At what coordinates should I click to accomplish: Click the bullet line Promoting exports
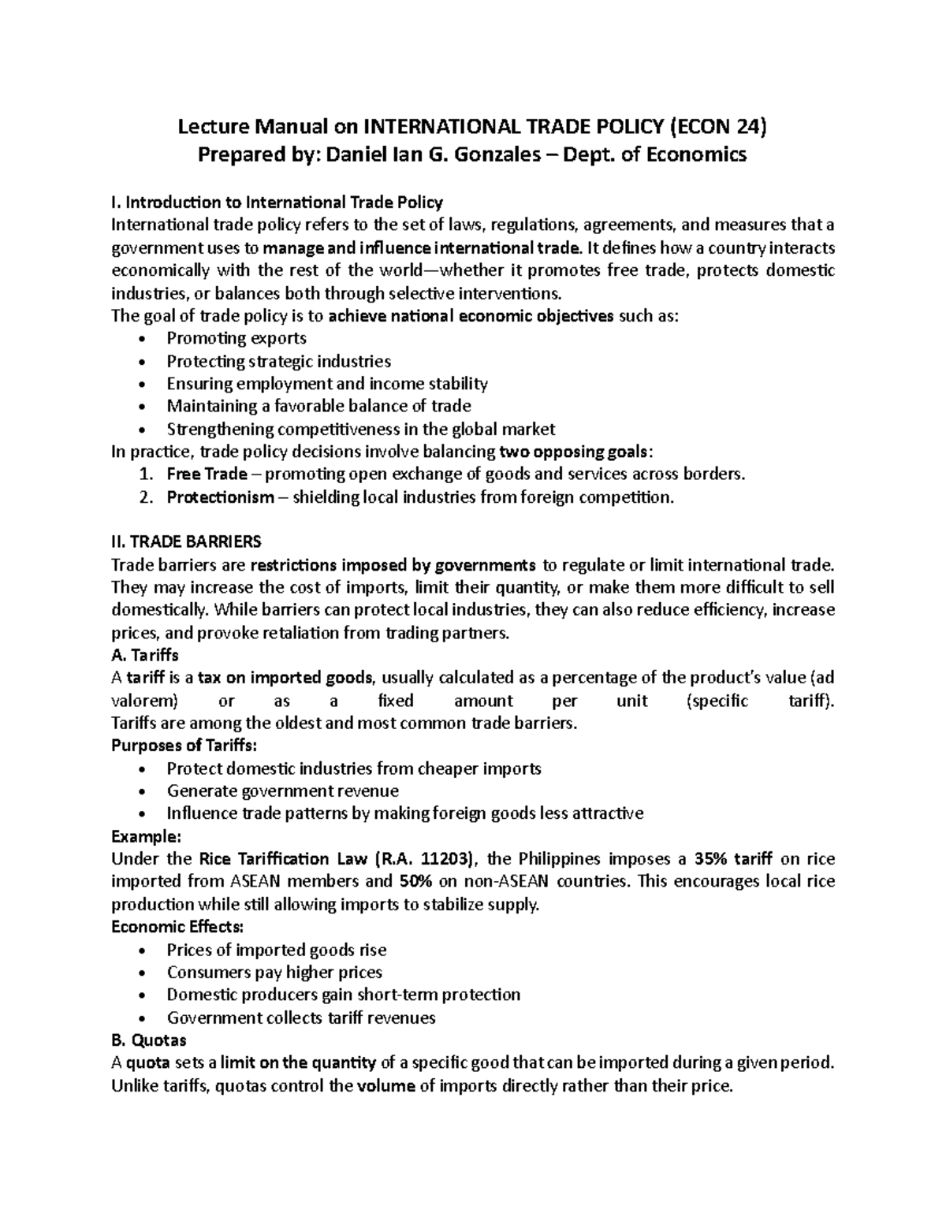pos(236,338)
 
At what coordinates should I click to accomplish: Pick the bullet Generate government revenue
pos(282,791)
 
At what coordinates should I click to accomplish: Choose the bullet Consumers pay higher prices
pos(274,973)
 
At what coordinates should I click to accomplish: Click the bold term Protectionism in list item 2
pos(220,497)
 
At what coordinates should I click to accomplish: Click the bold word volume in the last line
pos(385,1086)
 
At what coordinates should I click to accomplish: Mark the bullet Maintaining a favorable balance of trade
pos(318,407)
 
